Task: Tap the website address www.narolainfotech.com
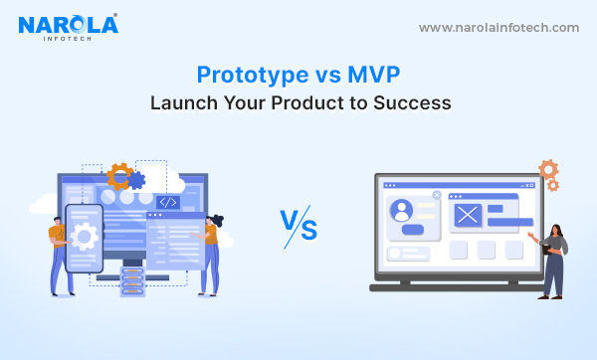(x=498, y=28)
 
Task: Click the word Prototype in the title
(x=244, y=75)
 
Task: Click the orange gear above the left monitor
(x=120, y=177)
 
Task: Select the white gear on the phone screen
(x=85, y=237)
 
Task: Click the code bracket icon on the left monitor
(x=168, y=202)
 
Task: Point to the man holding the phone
(x=59, y=254)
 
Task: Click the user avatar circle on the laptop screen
(x=403, y=211)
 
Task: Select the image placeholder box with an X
(x=467, y=213)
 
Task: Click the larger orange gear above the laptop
(x=547, y=169)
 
